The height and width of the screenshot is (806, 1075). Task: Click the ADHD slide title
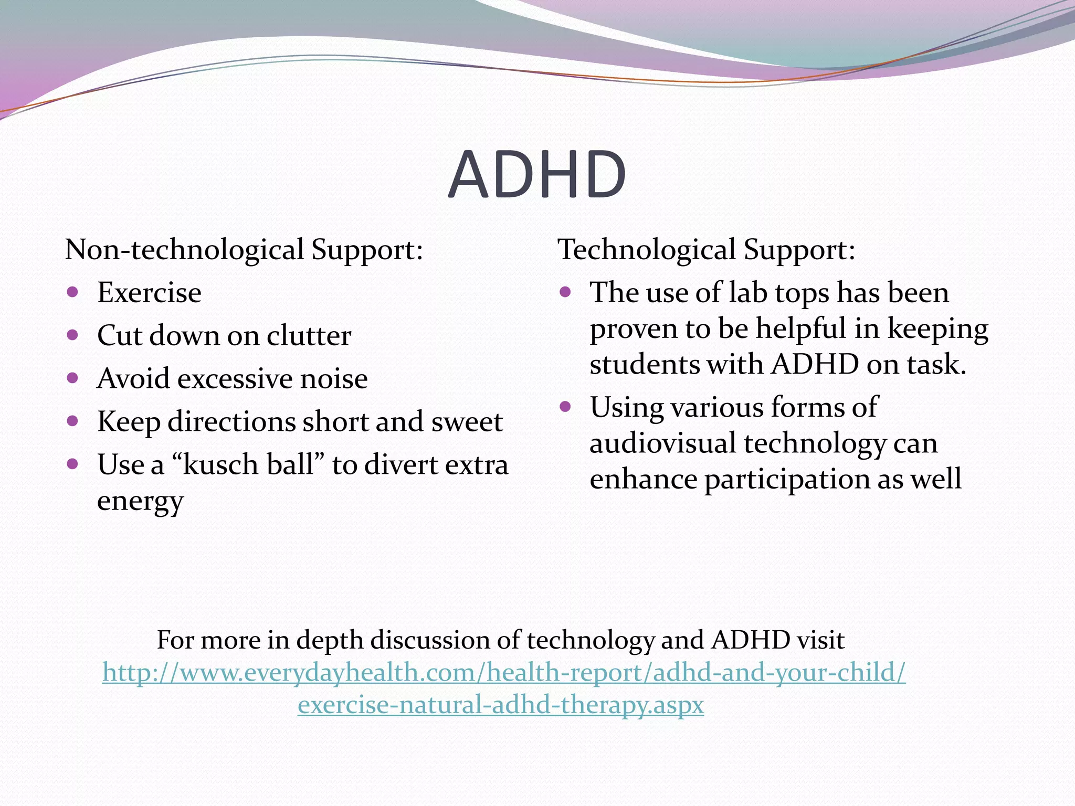pyautogui.click(x=537, y=175)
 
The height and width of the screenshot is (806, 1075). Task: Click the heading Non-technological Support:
pyautogui.click(x=244, y=249)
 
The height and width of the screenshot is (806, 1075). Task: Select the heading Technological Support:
pyautogui.click(x=706, y=249)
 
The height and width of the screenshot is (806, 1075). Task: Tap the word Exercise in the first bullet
pyautogui.click(x=149, y=292)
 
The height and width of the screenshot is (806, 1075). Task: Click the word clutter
pyautogui.click(x=309, y=336)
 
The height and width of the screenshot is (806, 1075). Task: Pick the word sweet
pyautogui.click(x=467, y=422)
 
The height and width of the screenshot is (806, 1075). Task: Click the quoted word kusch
pyautogui.click(x=220, y=465)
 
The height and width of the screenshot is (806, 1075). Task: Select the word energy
pyautogui.click(x=140, y=501)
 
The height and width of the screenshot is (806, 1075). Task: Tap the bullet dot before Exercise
pyautogui.click(x=73, y=292)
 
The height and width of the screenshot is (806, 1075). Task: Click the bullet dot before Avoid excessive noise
pyautogui.click(x=73, y=378)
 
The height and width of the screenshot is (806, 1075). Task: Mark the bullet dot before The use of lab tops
pyautogui.click(x=565, y=292)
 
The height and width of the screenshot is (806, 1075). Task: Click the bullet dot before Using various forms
pyautogui.click(x=565, y=406)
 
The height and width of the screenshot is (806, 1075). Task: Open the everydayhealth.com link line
pyautogui.click(x=504, y=672)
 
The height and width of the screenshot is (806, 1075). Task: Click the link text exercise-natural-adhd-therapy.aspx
pyautogui.click(x=500, y=705)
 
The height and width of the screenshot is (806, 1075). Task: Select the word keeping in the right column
pyautogui.click(x=937, y=330)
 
